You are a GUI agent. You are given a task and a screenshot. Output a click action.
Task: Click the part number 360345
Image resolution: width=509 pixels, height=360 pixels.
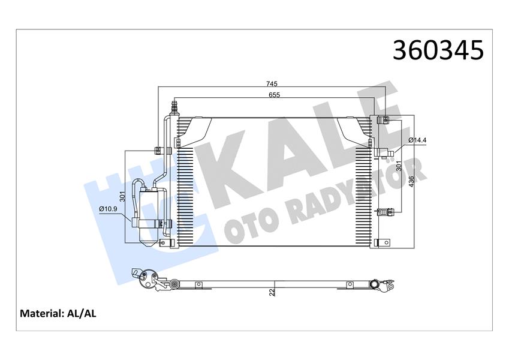pyautogui.click(x=437, y=50)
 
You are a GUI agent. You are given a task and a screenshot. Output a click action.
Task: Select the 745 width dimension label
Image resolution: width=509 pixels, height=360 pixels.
pyautogui.click(x=272, y=83)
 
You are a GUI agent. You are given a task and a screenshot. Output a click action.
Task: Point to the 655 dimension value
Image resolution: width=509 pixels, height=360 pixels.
pyautogui.click(x=273, y=94)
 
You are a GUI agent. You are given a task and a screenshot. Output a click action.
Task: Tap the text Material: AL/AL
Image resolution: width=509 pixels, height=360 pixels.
pyautogui.click(x=58, y=313)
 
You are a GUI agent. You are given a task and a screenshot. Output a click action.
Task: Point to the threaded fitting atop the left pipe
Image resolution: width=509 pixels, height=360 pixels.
pyautogui.click(x=175, y=109)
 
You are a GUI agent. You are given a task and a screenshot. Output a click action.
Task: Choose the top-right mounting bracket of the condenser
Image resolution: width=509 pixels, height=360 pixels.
pyautogui.click(x=380, y=119)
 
